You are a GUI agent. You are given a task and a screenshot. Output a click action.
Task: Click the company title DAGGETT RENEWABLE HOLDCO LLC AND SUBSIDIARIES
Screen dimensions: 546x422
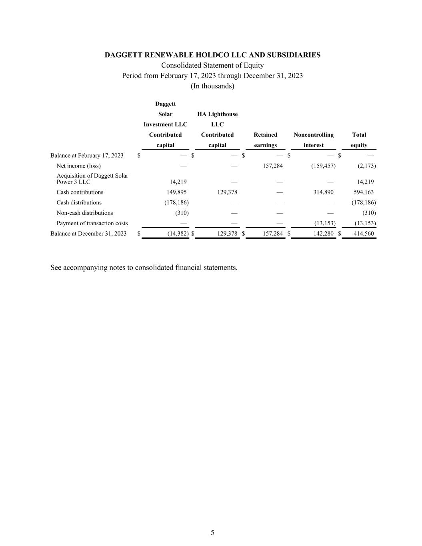pyautogui.click(x=212, y=55)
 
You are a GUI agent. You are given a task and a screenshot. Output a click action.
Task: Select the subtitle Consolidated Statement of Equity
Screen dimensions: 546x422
pyautogui.click(x=212, y=65)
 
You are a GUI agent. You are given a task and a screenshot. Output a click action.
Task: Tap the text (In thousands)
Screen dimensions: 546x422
pyautogui.click(x=212, y=86)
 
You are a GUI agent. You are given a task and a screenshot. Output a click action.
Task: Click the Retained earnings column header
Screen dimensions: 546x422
pyautogui.click(x=265, y=140)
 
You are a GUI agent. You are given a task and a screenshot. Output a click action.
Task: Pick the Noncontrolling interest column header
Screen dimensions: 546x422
pyautogui.click(x=313, y=140)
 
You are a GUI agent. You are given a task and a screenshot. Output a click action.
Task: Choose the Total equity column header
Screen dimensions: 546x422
pyautogui.click(x=359, y=140)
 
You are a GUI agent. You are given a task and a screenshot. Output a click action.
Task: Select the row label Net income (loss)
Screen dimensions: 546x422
pyautogui.click(x=78, y=166)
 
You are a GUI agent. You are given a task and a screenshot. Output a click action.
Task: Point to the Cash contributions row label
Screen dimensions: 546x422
pyautogui.click(x=80, y=192)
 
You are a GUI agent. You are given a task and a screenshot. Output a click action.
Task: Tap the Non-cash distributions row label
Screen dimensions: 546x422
pyautogui.click(x=84, y=213)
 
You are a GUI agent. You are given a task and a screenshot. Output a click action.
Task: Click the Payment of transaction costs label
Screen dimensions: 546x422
pyautogui.click(x=92, y=223)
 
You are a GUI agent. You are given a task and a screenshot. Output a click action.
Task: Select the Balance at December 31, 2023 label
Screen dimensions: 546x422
pyautogui.click(x=88, y=234)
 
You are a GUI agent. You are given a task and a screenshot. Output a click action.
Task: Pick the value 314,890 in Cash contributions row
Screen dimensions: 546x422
pyautogui.click(x=323, y=192)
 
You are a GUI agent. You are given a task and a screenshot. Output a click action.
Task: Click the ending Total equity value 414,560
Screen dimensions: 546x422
pyautogui.click(x=364, y=234)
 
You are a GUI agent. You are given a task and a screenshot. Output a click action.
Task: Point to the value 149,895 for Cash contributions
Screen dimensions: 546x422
pyautogui.click(x=176, y=192)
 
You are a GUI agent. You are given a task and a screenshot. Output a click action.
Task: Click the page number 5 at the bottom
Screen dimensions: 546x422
pyautogui.click(x=212, y=532)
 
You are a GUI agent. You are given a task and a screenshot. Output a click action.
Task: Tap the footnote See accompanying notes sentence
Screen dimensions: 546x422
pyautogui.click(x=144, y=267)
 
